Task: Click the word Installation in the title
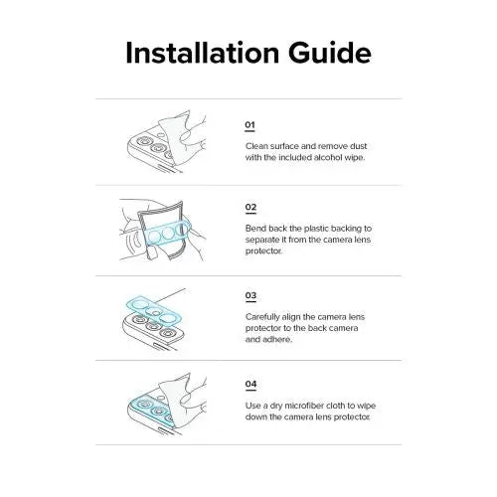tap(203, 53)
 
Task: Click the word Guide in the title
tap(330, 53)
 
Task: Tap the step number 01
tap(249, 125)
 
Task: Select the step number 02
tap(250, 207)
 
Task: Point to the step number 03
tap(250, 295)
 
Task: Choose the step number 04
tap(250, 384)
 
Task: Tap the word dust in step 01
tap(359, 146)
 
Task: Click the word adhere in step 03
tap(280, 339)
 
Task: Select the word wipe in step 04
tap(366, 407)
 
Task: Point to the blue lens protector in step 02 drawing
tap(168, 232)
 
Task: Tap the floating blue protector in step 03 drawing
tap(154, 311)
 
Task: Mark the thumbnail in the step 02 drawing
tap(152, 252)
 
